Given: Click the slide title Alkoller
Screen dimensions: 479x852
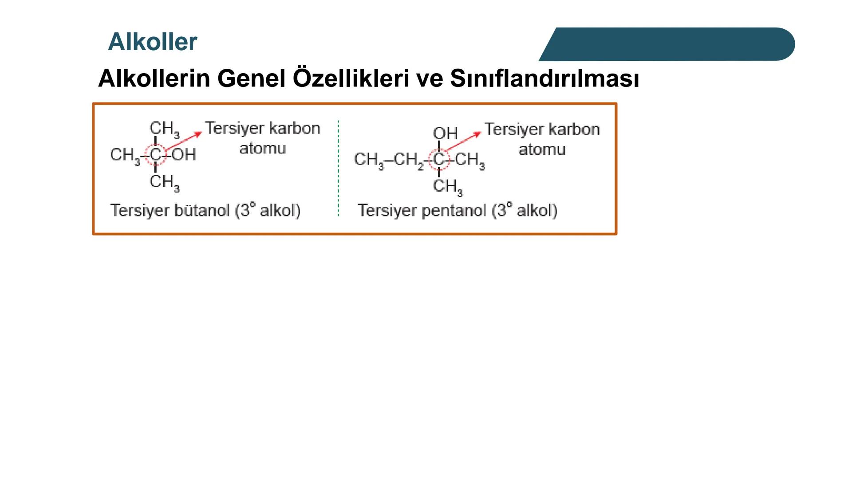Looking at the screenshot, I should click(x=152, y=42).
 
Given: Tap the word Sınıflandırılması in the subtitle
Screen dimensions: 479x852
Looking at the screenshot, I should click(x=544, y=79).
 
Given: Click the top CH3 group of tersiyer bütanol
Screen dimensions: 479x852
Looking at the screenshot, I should click(x=164, y=129).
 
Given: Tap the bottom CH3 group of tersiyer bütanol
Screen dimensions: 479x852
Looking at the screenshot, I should click(x=164, y=182).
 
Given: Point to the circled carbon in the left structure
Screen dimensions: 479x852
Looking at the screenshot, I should click(x=155, y=155).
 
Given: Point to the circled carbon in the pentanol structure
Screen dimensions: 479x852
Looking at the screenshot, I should click(x=439, y=159).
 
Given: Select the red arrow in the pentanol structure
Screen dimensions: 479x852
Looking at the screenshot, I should click(x=462, y=141).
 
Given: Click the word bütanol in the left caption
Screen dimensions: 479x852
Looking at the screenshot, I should click(x=202, y=210).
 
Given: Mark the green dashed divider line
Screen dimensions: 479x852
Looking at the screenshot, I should click(x=338, y=169).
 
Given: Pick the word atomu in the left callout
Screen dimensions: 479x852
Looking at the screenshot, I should click(x=262, y=148).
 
